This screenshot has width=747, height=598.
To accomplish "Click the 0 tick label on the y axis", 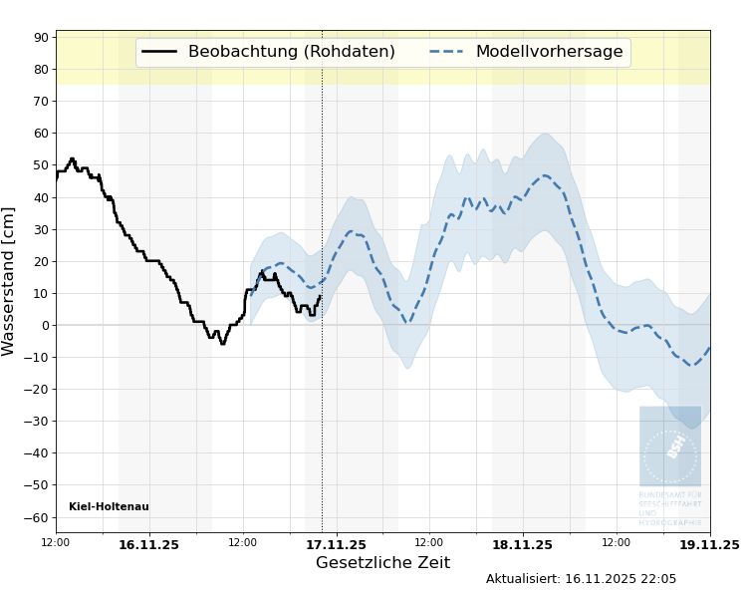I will pos(45,325).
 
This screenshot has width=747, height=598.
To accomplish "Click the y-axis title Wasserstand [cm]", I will pos(10,281).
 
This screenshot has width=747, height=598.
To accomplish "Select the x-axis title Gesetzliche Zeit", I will pos(382,563).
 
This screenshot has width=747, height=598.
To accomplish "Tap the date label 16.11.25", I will pos(148,544).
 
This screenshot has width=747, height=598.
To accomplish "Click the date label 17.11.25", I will pos(336,544).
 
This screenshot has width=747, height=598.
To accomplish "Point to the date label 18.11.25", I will pos(522,544).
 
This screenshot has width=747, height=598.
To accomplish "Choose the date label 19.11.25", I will pos(709,544).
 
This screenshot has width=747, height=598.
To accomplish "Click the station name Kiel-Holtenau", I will pos(109,507).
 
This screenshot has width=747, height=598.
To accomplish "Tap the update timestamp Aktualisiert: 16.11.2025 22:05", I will pos(581,579).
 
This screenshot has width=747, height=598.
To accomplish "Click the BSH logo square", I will pos(670,447).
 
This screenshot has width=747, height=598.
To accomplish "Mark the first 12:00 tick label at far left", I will pos(56,542).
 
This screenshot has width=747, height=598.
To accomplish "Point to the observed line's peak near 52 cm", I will pos(72,158).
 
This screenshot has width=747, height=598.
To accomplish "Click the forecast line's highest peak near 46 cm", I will pos(545,176).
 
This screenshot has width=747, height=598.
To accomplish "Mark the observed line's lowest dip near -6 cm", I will pos(223,344).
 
